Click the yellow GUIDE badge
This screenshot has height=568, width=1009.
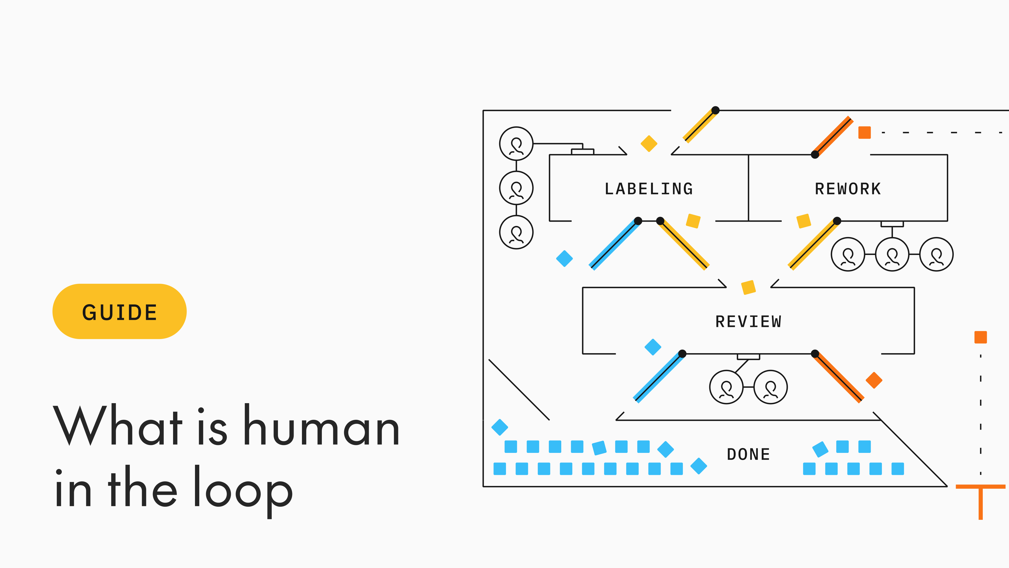point(120,312)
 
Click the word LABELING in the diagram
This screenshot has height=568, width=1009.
point(649,189)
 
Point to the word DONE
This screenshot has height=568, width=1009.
point(748,454)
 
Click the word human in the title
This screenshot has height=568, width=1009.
point(321,427)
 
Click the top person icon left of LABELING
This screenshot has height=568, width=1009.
point(516,144)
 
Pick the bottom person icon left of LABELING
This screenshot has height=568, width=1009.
point(516,233)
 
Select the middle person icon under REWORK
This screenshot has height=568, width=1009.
point(892,254)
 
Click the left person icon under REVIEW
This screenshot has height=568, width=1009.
point(726,387)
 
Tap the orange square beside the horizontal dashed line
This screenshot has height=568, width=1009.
point(864,133)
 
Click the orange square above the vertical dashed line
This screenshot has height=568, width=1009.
point(980,337)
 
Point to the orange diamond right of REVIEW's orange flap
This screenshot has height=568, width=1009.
point(874,380)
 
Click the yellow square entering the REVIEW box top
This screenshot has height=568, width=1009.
point(748,287)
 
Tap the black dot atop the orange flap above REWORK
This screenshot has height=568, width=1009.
point(815,154)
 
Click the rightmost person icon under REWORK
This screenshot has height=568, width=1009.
point(937,254)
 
